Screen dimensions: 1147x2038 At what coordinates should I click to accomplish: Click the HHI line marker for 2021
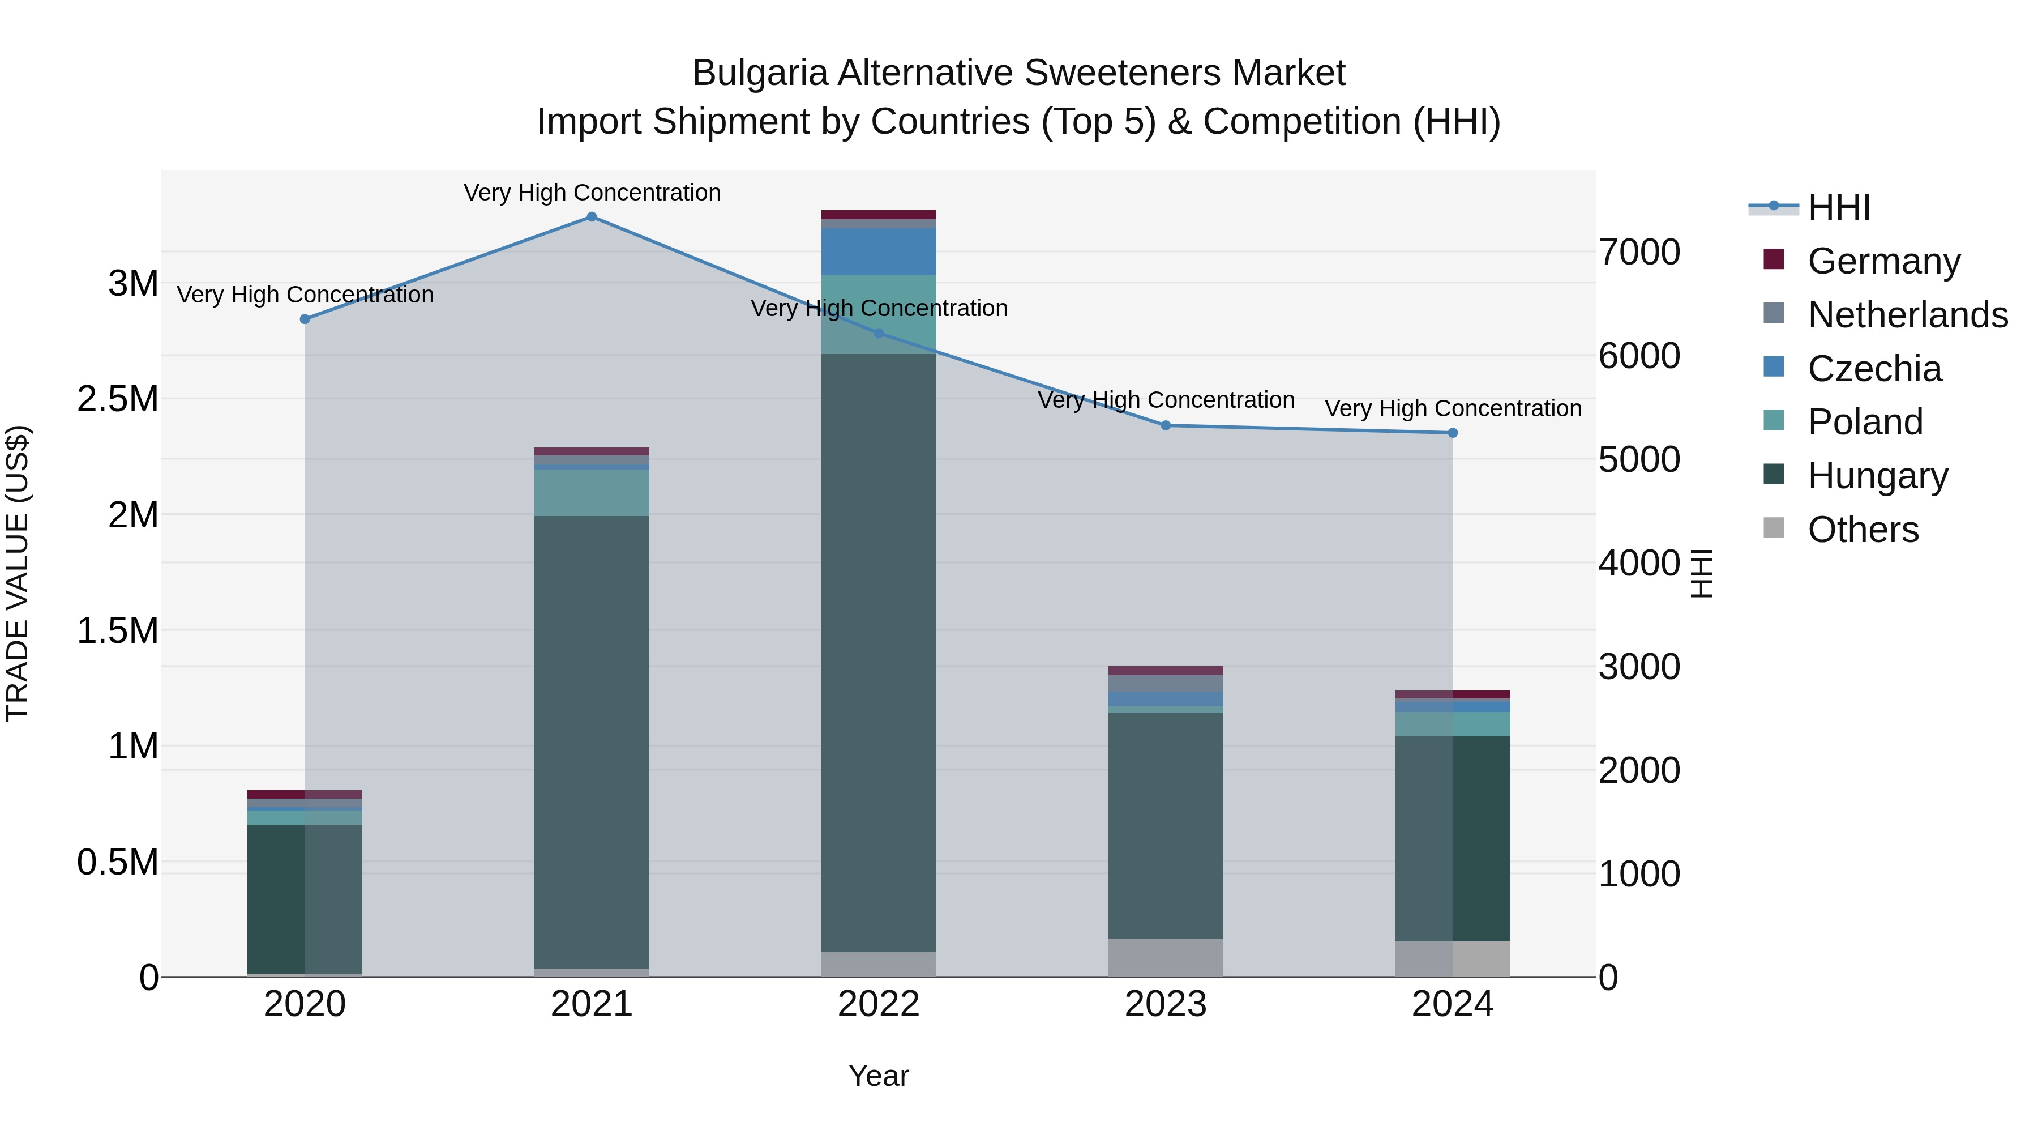(x=592, y=217)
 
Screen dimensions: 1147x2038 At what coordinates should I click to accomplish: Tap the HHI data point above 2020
(x=305, y=319)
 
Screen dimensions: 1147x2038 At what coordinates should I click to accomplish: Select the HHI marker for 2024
(x=1453, y=433)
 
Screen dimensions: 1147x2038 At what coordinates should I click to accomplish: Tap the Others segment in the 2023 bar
(x=1166, y=957)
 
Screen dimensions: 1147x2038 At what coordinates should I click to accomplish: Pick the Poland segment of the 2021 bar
(x=592, y=493)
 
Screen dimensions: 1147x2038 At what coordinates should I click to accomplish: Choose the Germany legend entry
(x=1883, y=261)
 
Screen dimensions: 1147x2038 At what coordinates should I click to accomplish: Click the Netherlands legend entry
(x=1907, y=315)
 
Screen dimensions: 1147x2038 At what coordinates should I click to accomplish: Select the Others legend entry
(x=1863, y=530)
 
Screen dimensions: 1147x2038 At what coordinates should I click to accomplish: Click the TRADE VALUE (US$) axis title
(x=18, y=573)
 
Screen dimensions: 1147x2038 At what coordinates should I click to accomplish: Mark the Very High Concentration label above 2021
(x=592, y=193)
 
